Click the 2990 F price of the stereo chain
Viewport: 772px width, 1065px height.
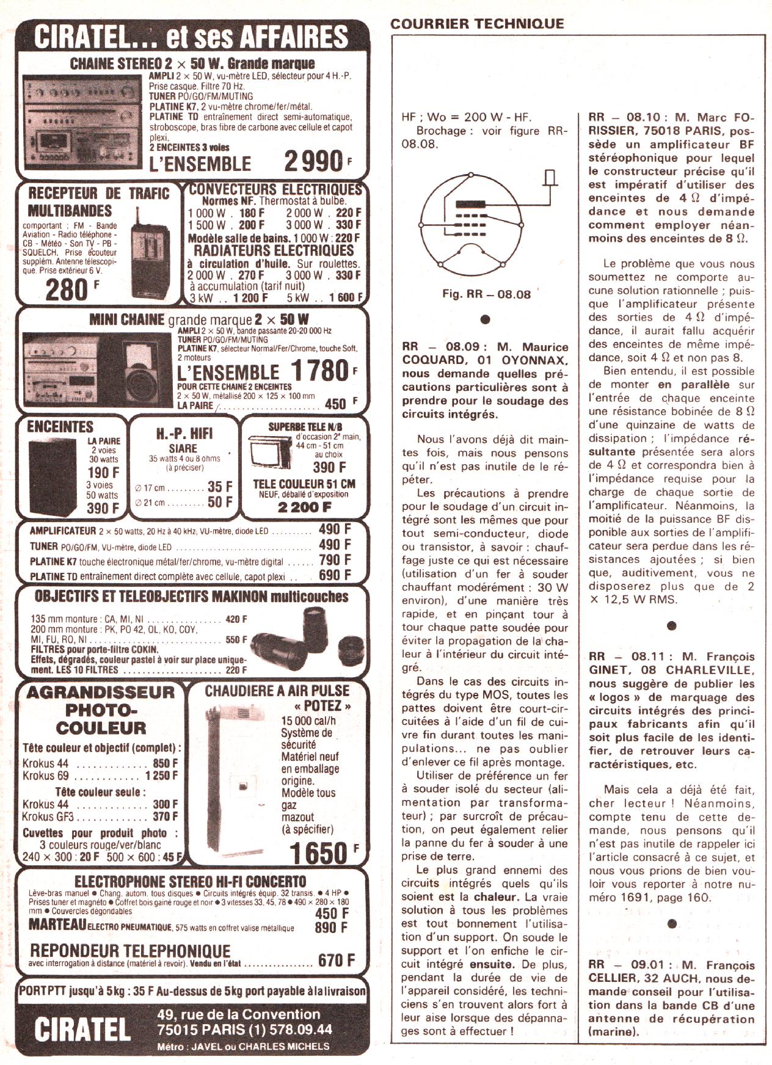(x=318, y=161)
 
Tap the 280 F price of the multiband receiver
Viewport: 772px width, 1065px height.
(x=72, y=289)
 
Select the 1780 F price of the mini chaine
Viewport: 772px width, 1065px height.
(x=324, y=371)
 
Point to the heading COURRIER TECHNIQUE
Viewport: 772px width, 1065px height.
(x=477, y=24)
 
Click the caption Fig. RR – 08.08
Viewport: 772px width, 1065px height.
(x=486, y=294)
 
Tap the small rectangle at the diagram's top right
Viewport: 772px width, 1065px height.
(x=550, y=177)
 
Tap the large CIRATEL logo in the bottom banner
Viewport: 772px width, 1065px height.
(x=82, y=1029)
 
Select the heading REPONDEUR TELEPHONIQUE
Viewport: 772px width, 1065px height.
(x=130, y=951)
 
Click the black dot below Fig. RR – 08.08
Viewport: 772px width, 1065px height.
(x=486, y=319)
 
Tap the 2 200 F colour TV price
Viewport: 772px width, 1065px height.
(x=304, y=507)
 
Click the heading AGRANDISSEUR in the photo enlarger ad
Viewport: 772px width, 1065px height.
(x=100, y=692)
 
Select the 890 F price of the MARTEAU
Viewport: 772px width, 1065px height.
(x=332, y=928)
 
